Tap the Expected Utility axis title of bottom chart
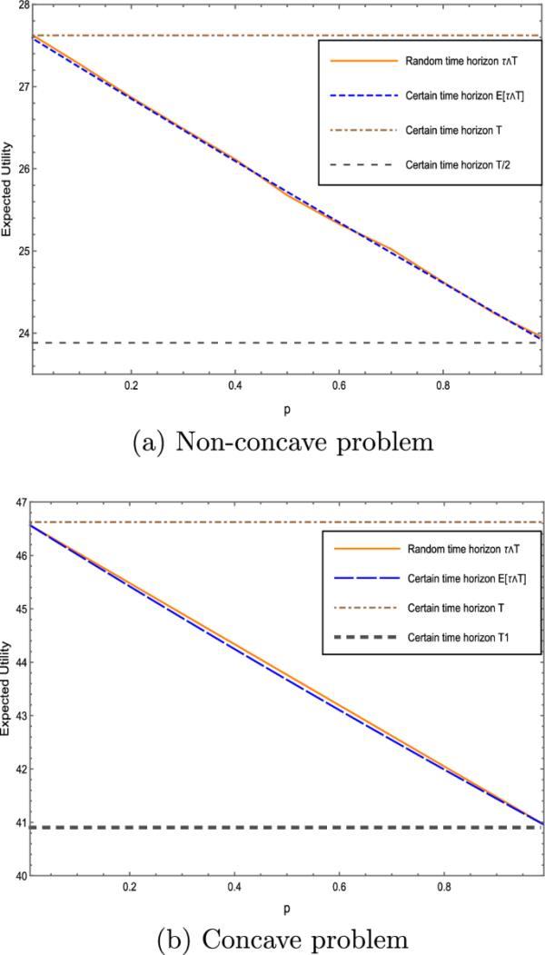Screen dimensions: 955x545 click(x=7, y=689)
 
